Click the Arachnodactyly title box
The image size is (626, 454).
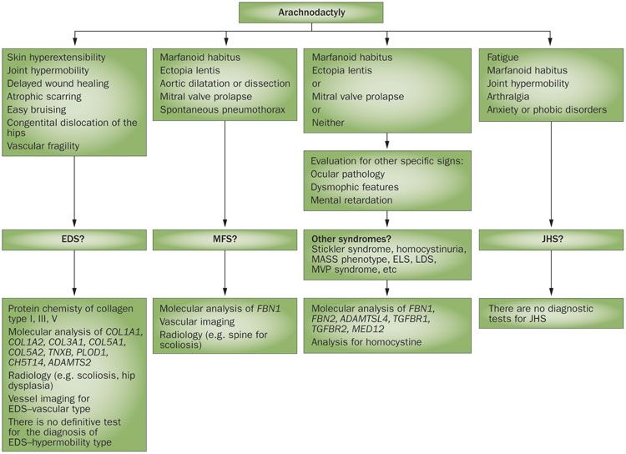(x=310, y=13)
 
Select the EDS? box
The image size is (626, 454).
(x=74, y=240)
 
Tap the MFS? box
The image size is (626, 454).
(x=226, y=240)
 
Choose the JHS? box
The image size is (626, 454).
(x=549, y=240)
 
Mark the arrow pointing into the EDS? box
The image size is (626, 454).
(x=74, y=226)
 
